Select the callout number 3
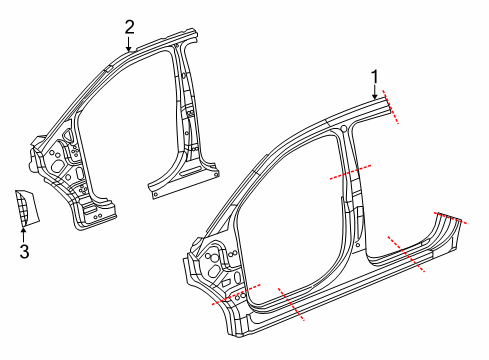pos(23,251)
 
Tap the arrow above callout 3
pos(23,234)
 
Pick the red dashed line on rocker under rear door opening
pos(408,255)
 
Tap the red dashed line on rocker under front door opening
pos(289,304)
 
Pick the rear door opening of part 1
pos(390,190)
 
